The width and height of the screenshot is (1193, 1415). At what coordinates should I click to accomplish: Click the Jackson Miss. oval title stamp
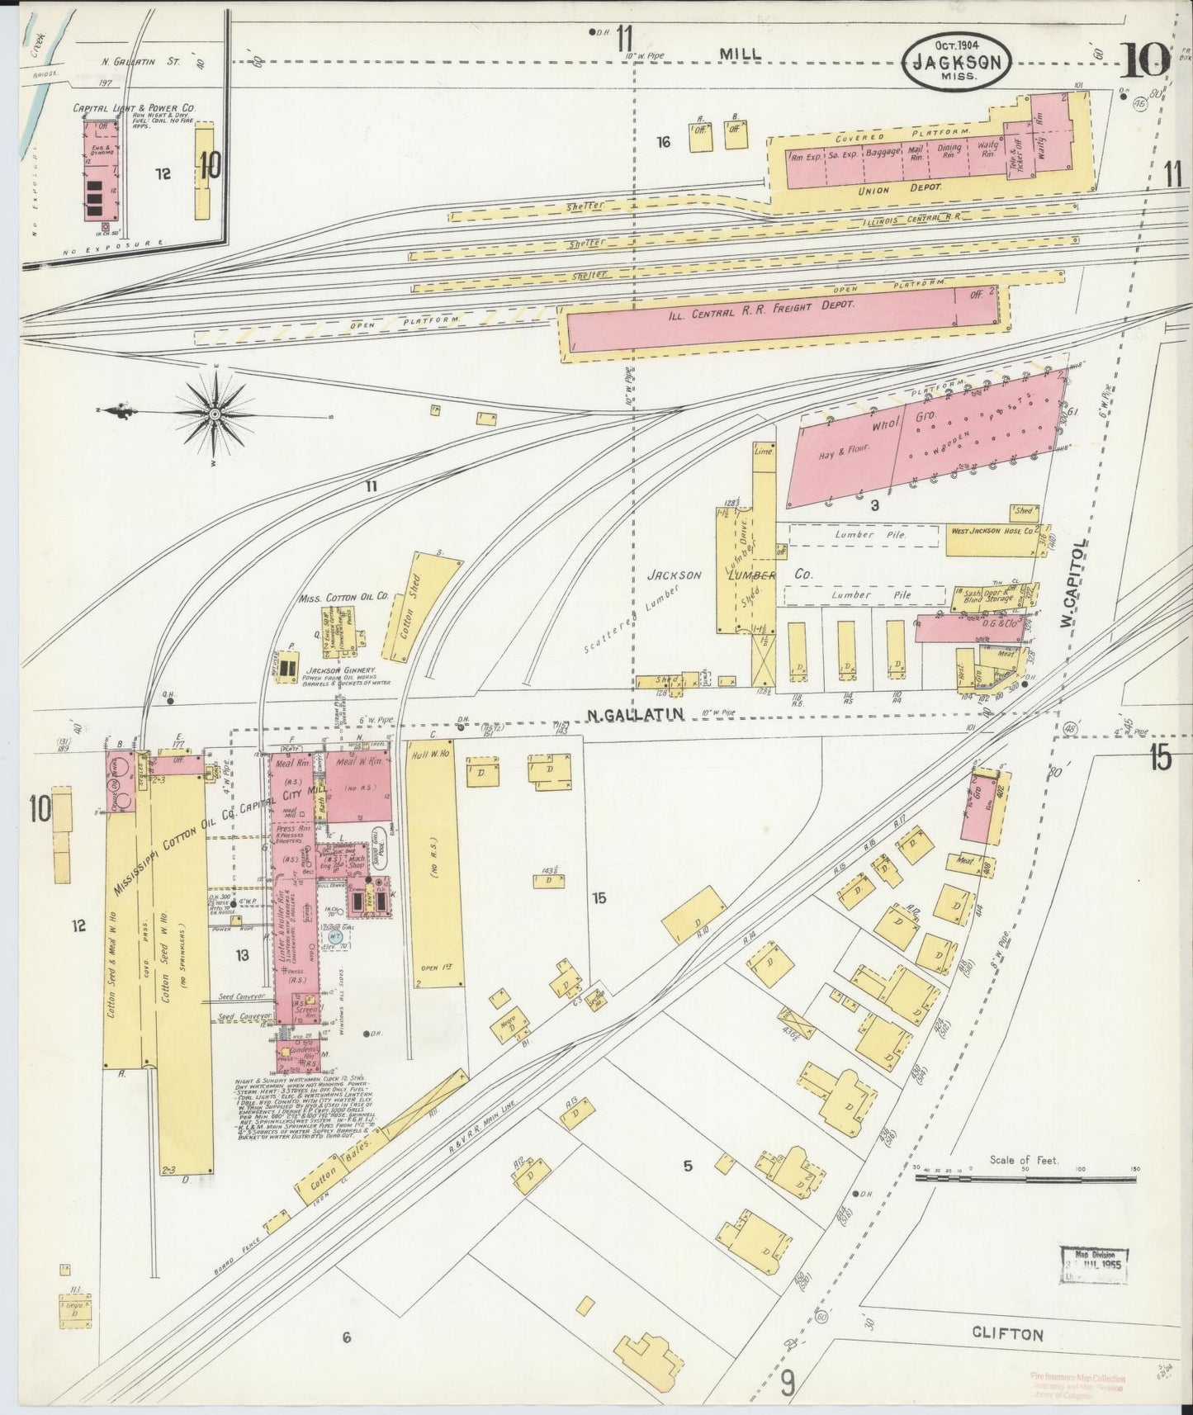pyautogui.click(x=957, y=61)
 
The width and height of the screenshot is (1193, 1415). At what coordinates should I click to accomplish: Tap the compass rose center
pyautogui.click(x=215, y=411)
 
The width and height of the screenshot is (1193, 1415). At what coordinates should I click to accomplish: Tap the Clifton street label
pyautogui.click(x=1006, y=1333)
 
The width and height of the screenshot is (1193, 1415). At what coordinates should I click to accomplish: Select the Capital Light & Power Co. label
pyautogui.click(x=134, y=108)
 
